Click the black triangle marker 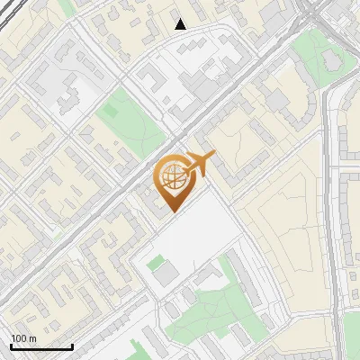tap(181, 24)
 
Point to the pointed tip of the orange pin tap(172, 211)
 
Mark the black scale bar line tap(41, 346)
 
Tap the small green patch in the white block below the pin tap(157, 262)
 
